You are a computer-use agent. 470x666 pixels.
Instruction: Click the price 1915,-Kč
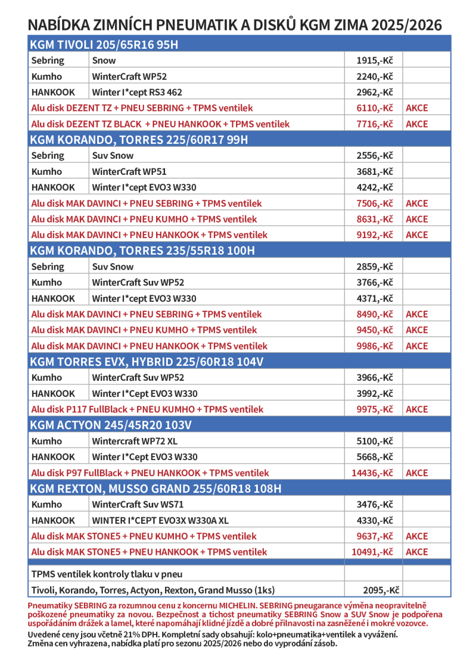coord(374,60)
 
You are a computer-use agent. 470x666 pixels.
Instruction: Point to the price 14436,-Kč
coord(372,473)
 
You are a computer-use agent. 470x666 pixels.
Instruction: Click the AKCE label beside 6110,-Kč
coord(417,108)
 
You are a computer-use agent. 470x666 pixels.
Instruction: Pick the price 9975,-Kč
coord(374,410)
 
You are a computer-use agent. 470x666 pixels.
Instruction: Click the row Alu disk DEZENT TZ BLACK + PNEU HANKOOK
coord(161,124)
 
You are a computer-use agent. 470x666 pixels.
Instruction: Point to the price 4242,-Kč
coord(374,188)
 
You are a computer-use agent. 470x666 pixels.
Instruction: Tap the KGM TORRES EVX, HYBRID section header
coord(147,362)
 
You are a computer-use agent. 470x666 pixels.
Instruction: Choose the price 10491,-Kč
coord(372,552)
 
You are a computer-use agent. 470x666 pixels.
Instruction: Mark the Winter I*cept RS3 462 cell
coord(137,92)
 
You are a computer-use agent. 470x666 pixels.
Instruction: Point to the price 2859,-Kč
coord(374,266)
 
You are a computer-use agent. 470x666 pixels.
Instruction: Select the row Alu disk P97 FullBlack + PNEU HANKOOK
coord(150,473)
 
